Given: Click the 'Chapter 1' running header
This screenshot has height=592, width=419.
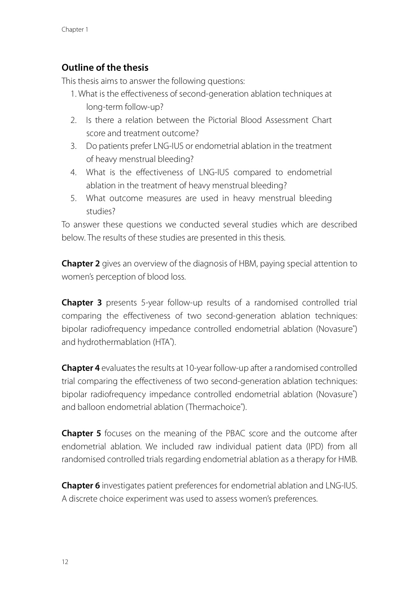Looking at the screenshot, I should click(x=75, y=30).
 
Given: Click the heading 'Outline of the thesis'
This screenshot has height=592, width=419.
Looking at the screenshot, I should click(x=105, y=67).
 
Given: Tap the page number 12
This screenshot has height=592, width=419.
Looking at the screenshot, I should click(x=65, y=562).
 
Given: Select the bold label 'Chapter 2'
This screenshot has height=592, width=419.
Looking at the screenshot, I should click(x=81, y=264).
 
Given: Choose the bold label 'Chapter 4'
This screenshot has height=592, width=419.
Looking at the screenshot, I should click(x=81, y=368).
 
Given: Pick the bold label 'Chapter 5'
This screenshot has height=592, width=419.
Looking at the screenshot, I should click(x=81, y=433).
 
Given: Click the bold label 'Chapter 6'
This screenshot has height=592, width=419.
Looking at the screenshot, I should click(x=81, y=486).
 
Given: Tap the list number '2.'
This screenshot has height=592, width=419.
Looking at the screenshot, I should click(x=74, y=120).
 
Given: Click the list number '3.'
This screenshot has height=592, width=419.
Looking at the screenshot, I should click(x=74, y=146).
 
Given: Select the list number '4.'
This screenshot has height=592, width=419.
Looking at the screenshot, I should click(x=74, y=172).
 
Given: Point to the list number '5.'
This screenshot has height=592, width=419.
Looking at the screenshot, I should click(x=74, y=198).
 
